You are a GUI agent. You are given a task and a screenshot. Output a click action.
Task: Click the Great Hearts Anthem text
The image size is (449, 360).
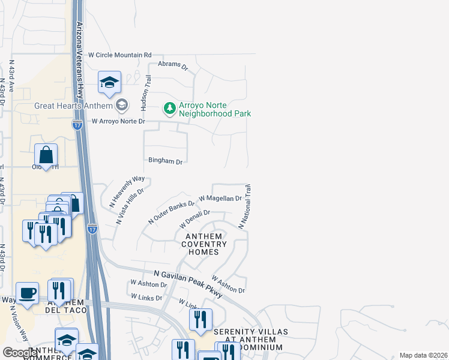pyautogui.click(x=73, y=106)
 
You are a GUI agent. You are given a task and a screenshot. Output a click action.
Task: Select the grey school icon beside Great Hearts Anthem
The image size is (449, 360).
pyautogui.click(x=122, y=106)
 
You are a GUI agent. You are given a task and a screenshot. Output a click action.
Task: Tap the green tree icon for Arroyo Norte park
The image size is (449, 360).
pyautogui.click(x=170, y=108)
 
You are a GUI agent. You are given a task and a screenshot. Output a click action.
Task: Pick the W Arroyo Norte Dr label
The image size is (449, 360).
pyautogui.click(x=118, y=121)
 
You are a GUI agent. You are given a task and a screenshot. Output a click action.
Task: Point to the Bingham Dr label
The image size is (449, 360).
pyautogui.click(x=165, y=161)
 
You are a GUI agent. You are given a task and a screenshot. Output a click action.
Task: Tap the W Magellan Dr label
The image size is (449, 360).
pyautogui.click(x=220, y=198)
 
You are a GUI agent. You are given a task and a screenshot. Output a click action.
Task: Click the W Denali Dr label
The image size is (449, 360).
pyautogui.click(x=194, y=218)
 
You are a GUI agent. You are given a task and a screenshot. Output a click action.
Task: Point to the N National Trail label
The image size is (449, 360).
pyautogui.click(x=245, y=206)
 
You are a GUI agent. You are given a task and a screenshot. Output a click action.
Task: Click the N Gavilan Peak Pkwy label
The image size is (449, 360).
pyautogui.click(x=188, y=283)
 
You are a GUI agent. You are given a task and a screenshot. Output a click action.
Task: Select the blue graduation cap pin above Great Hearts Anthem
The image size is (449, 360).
pyautogui.click(x=109, y=83)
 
